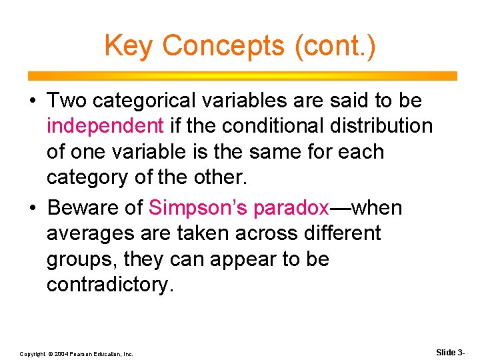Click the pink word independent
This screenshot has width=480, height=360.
point(105,126)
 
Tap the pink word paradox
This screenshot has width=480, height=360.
point(291,208)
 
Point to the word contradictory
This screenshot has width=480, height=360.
point(109,285)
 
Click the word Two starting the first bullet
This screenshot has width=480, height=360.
point(67,101)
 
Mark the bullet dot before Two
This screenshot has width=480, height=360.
point(32,101)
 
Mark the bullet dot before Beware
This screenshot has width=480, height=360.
point(32,209)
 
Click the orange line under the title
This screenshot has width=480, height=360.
point(240,75)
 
